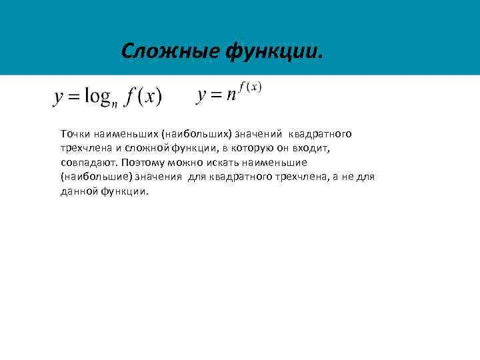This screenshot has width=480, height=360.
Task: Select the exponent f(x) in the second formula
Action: [249, 87]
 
